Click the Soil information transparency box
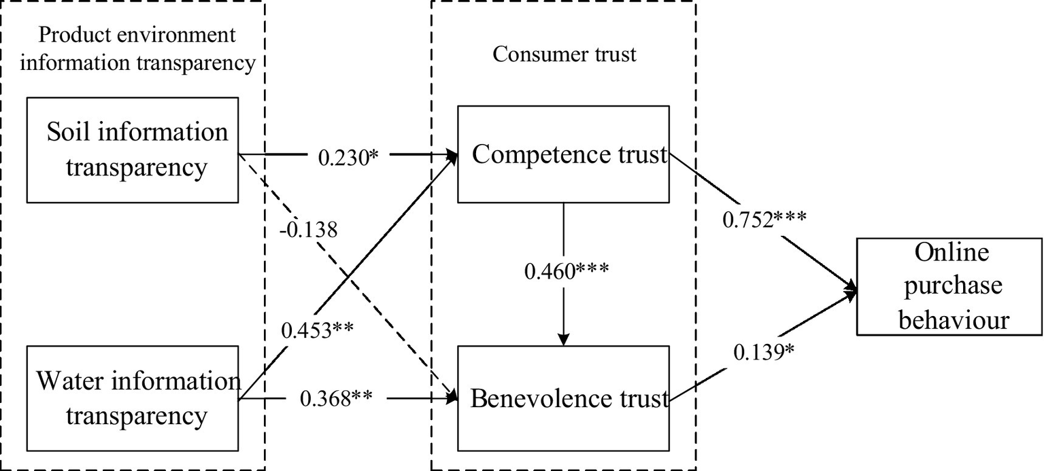pos(133,150)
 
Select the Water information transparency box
pos(133,398)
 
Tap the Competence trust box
pos(563,154)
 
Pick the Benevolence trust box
pos(563,398)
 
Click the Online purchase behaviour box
pos(949,286)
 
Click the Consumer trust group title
pos(564,54)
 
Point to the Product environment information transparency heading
pos(137,48)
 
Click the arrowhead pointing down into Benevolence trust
pos(563,339)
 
